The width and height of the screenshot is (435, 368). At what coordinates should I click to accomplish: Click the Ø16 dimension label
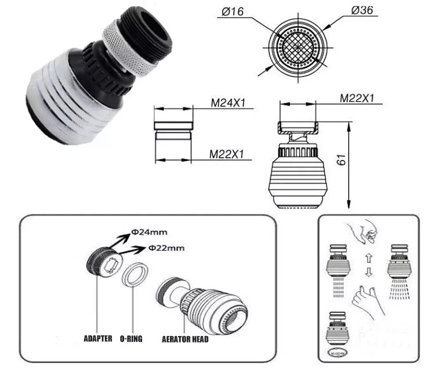[233, 12]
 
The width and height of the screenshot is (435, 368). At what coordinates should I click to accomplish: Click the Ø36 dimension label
[362, 10]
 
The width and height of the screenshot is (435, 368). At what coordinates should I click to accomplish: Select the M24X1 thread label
[229, 103]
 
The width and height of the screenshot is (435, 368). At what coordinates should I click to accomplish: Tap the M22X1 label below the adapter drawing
[227, 154]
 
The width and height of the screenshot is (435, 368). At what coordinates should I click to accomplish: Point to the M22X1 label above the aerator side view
[357, 98]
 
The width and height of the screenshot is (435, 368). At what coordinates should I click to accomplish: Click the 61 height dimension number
[342, 159]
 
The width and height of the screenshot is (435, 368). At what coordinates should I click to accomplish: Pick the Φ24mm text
[149, 232]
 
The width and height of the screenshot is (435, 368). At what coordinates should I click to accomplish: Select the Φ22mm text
[166, 247]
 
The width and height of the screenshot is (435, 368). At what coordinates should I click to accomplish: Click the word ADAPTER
[98, 338]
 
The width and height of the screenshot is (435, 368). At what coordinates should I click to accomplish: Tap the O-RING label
[131, 339]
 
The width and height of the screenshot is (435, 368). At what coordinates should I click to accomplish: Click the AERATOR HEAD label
[185, 339]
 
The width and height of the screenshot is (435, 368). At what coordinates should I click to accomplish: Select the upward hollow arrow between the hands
[368, 258]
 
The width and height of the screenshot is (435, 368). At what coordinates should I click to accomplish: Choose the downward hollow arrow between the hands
[368, 272]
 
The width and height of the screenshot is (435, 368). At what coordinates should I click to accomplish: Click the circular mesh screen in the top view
[298, 48]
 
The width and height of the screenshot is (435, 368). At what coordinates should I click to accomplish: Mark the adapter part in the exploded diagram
[104, 263]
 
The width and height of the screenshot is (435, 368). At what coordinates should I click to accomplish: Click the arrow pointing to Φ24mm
[119, 241]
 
